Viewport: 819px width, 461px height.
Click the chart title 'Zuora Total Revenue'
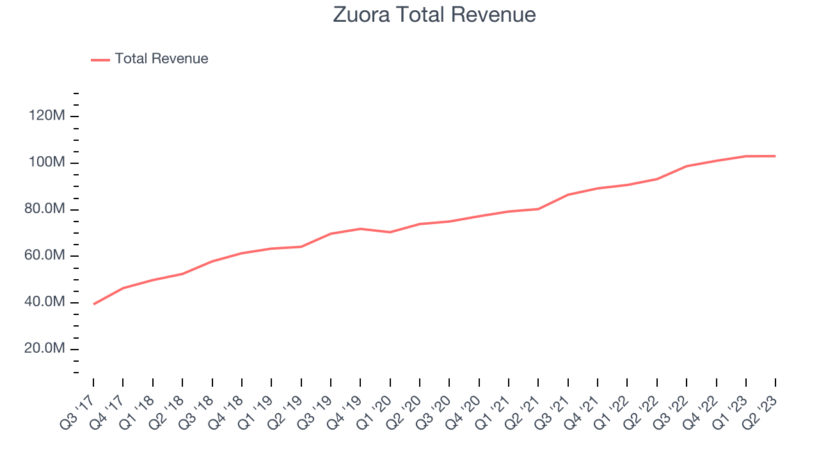tap(434, 15)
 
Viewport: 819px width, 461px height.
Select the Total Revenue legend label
tap(161, 59)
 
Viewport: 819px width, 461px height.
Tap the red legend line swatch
tap(100, 60)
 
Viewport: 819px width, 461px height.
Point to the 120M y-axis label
tap(46, 117)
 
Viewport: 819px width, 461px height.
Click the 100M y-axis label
tap(46, 163)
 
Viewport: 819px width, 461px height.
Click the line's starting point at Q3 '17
tap(93, 304)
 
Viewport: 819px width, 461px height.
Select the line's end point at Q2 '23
tap(775, 156)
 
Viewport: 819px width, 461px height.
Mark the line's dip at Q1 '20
tap(390, 232)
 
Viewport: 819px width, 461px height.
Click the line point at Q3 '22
tap(687, 166)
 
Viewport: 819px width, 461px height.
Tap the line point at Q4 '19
tap(360, 229)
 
